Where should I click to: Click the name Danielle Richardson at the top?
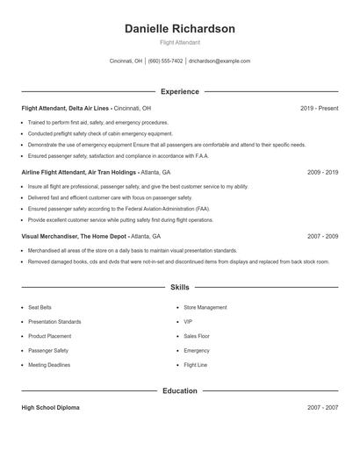180,29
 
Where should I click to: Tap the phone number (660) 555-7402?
165,61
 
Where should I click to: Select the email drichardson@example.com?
220,61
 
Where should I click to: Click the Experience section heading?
180,91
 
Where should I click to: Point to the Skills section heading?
180,287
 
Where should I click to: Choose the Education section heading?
180,390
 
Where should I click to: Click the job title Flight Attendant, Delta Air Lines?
66,108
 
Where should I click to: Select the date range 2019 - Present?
319,108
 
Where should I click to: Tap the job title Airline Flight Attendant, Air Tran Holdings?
79,173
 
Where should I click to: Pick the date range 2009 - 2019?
322,173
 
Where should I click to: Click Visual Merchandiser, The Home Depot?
75,237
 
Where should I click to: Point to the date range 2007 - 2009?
322,237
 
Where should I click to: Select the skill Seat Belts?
40,308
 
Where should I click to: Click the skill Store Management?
205,308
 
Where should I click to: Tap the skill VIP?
188,322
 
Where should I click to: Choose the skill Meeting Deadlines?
48,365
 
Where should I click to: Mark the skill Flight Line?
195,365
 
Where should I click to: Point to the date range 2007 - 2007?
322,408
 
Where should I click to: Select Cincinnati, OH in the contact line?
126,61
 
